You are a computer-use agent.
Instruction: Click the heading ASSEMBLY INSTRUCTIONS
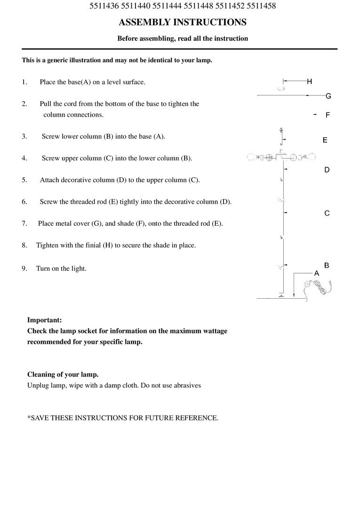(183, 22)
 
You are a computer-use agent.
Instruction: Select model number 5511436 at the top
(104, 6)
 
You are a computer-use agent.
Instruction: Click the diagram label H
(309, 81)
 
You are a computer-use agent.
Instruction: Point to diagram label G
(328, 96)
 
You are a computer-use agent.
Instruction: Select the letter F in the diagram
(328, 115)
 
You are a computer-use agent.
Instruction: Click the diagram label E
(325, 140)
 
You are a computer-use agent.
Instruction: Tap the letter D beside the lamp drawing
(327, 170)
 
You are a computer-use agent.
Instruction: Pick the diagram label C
(327, 213)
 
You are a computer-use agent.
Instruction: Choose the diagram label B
(327, 265)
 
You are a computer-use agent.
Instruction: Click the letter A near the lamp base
(317, 273)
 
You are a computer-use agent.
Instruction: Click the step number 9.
(24, 269)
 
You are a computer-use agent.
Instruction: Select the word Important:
(44, 320)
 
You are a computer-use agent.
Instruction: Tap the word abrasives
(186, 385)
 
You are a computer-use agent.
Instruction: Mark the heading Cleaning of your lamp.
(63, 374)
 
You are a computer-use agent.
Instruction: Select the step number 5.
(24, 180)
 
